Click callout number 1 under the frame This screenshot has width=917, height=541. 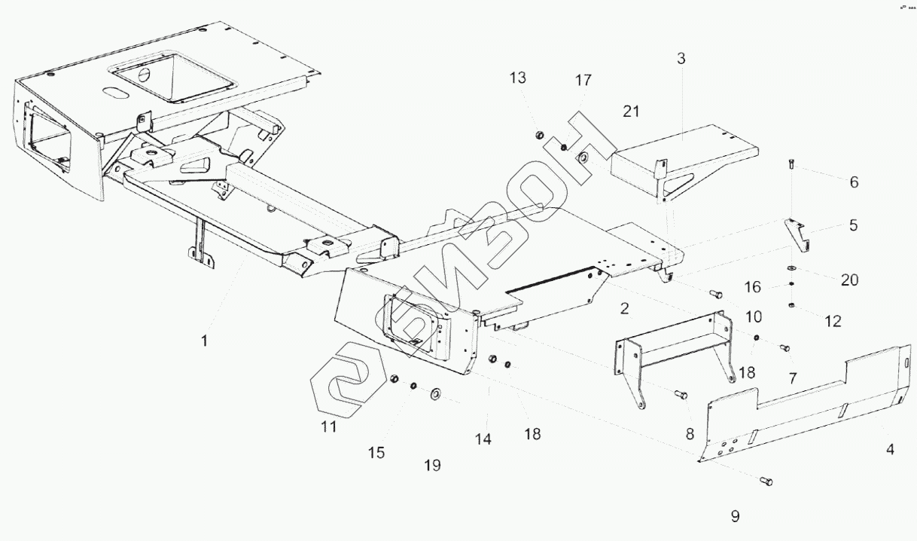coord(203,341)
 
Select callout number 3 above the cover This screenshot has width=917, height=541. coord(681,58)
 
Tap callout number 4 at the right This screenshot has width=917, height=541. coord(890,450)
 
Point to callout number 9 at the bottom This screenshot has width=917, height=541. coord(735,516)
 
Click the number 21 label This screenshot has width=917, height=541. coord(631,112)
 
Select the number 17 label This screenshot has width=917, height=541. coord(583,81)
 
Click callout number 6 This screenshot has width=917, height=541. coord(854,182)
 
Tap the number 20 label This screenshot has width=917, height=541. coord(849,280)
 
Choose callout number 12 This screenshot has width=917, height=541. coord(833,321)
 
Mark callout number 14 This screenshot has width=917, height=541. coord(483,439)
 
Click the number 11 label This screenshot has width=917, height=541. coord(328,427)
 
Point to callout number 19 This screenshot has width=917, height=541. coord(431,466)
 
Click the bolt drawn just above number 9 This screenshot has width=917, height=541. coord(766,480)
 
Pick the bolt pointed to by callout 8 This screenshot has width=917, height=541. coord(682,393)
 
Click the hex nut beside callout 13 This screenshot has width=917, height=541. coord(540,135)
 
